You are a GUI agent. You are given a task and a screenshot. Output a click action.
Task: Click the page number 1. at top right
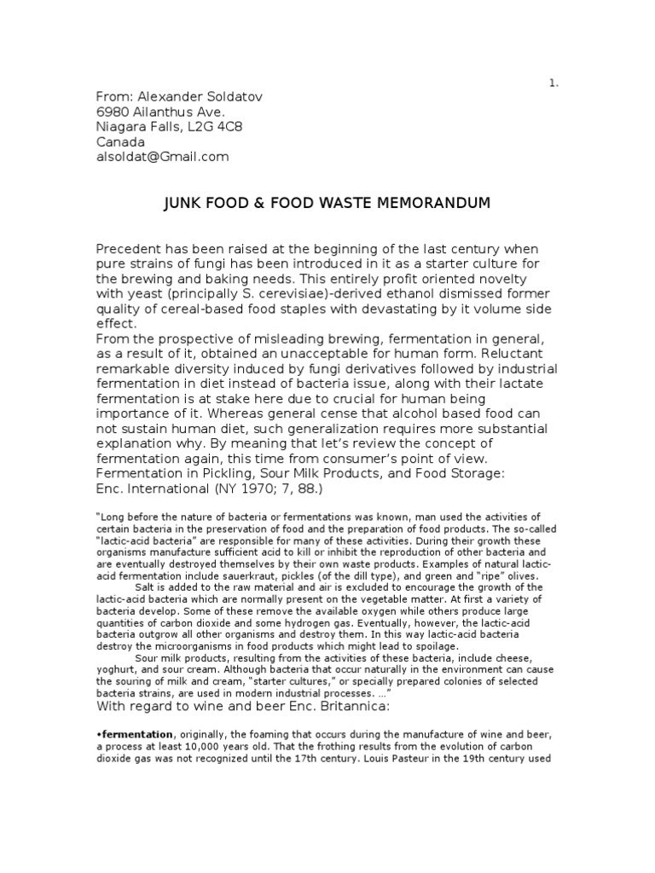[554, 83]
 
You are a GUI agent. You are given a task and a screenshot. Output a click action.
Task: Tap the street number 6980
[113, 113]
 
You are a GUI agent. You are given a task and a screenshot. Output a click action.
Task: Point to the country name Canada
[120, 142]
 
